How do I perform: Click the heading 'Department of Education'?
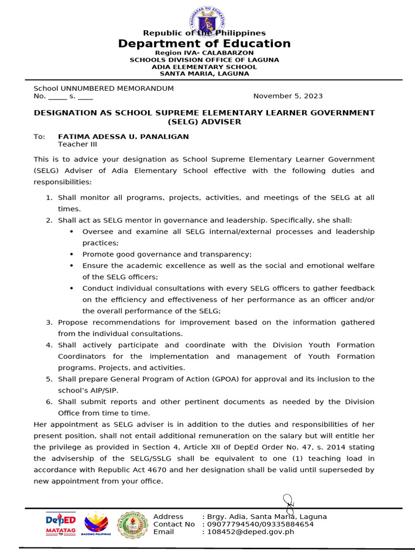[x=204, y=44]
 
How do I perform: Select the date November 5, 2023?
[x=288, y=96]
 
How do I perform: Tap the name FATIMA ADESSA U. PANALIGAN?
[x=123, y=137]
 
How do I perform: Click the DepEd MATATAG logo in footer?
[x=61, y=523]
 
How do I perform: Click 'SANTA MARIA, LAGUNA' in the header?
[x=204, y=74]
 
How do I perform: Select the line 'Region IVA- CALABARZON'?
[x=204, y=53]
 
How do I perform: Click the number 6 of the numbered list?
[x=48, y=402]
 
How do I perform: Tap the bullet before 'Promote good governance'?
[x=72, y=254]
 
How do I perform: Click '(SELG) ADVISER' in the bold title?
[x=204, y=122]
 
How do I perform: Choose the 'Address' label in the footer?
[x=168, y=517]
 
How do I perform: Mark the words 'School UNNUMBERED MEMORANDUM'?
[x=104, y=88]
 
